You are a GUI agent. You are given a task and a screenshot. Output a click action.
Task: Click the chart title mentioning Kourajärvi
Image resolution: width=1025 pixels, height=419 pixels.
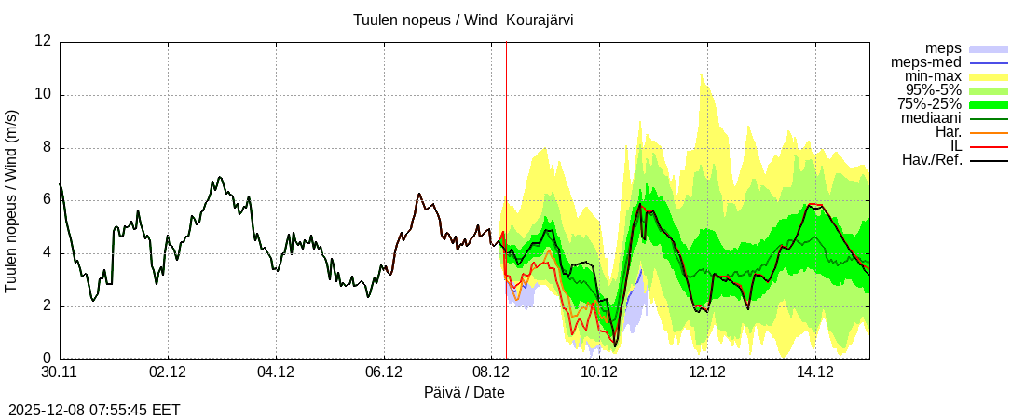[x=463, y=20]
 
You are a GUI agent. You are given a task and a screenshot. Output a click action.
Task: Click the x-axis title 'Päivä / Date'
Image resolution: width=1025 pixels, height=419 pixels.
[x=464, y=392]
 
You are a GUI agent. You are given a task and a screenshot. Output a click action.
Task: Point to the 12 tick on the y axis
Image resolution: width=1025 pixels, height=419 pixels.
[x=43, y=41]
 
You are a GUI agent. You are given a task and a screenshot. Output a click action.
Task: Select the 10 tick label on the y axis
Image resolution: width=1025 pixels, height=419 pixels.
[x=43, y=95]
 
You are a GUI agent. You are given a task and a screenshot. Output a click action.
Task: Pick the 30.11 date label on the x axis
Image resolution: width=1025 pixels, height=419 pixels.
[x=60, y=372]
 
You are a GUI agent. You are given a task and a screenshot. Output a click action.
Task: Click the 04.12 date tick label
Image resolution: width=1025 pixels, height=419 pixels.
[x=276, y=372]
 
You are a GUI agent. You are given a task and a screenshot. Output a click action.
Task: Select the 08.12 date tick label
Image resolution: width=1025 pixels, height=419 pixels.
[x=491, y=372]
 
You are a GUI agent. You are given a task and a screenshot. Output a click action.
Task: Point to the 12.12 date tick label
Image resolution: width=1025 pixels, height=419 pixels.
[x=707, y=372]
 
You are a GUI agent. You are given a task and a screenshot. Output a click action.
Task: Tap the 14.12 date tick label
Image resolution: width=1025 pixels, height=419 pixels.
[x=815, y=372]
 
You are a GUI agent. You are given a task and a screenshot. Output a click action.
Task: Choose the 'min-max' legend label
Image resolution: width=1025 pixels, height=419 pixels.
[x=933, y=76]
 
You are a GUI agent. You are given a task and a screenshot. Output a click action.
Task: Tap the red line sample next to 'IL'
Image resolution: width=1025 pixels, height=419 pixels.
[x=990, y=147]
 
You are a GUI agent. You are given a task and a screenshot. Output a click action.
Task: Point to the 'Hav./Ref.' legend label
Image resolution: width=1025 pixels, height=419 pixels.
[x=932, y=160]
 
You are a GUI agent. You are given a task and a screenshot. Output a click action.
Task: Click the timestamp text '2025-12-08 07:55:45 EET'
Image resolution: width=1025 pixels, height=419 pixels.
[x=94, y=410]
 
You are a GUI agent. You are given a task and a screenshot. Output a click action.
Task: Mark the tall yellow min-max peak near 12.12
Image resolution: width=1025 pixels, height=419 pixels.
[x=702, y=78]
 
